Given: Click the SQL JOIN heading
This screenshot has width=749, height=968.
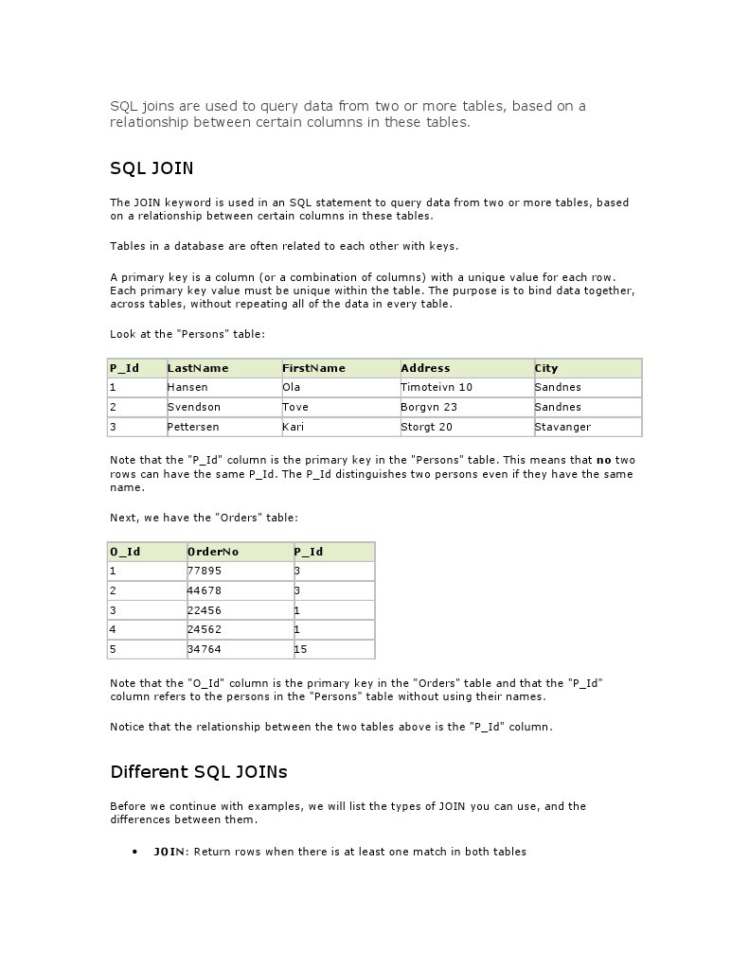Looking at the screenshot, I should (x=152, y=169).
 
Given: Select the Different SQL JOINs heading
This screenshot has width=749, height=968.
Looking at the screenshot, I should (x=199, y=772).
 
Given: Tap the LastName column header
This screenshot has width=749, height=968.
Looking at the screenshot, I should (x=198, y=368).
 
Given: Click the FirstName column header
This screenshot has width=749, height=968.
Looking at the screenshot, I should (x=313, y=368).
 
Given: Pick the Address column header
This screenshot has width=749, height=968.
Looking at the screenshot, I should (x=425, y=368).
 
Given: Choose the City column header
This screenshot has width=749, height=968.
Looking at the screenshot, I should (x=546, y=368).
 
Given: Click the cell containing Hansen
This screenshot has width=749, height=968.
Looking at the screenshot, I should (x=187, y=387).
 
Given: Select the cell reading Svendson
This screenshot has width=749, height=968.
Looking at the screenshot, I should (x=193, y=407).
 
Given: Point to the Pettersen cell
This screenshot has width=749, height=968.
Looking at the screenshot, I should (x=193, y=427).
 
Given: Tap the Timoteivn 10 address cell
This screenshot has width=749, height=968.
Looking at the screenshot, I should (x=437, y=387).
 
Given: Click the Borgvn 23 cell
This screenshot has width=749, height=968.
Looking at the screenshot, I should (x=429, y=407).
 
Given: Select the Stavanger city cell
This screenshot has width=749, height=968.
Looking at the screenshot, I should (x=562, y=427).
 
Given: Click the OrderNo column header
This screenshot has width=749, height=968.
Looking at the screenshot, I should (x=213, y=552).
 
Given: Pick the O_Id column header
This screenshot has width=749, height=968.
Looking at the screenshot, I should (x=125, y=552).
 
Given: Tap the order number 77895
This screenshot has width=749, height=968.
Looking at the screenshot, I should (x=205, y=571).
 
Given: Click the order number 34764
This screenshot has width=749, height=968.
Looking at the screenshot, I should (x=205, y=649).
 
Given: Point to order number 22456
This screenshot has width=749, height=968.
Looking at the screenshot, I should (x=205, y=610).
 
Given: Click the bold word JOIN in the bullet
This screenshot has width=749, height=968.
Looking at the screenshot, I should (x=169, y=852).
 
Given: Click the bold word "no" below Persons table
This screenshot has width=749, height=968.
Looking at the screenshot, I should (x=603, y=460).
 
